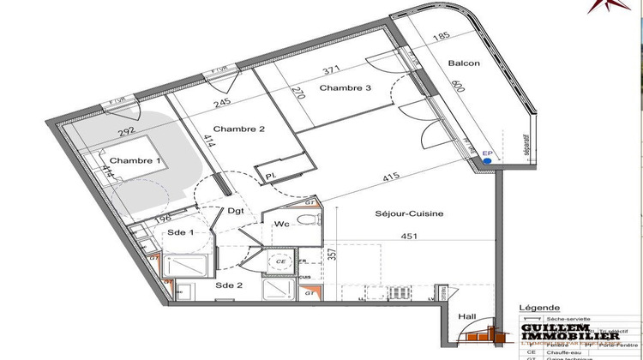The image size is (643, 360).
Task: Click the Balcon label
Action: tap(464, 63)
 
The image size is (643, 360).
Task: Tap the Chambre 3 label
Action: tap(345, 88)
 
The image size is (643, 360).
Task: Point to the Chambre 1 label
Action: tap(134, 161)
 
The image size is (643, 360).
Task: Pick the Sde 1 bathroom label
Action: tap(180, 232)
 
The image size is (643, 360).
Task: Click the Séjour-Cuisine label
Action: tap(408, 213)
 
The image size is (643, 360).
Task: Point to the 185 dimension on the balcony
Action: tap(441, 36)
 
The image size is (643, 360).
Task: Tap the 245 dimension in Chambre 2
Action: tap(224, 102)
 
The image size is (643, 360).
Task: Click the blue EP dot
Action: tap(487, 159)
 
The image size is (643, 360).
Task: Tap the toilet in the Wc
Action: tap(305, 220)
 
